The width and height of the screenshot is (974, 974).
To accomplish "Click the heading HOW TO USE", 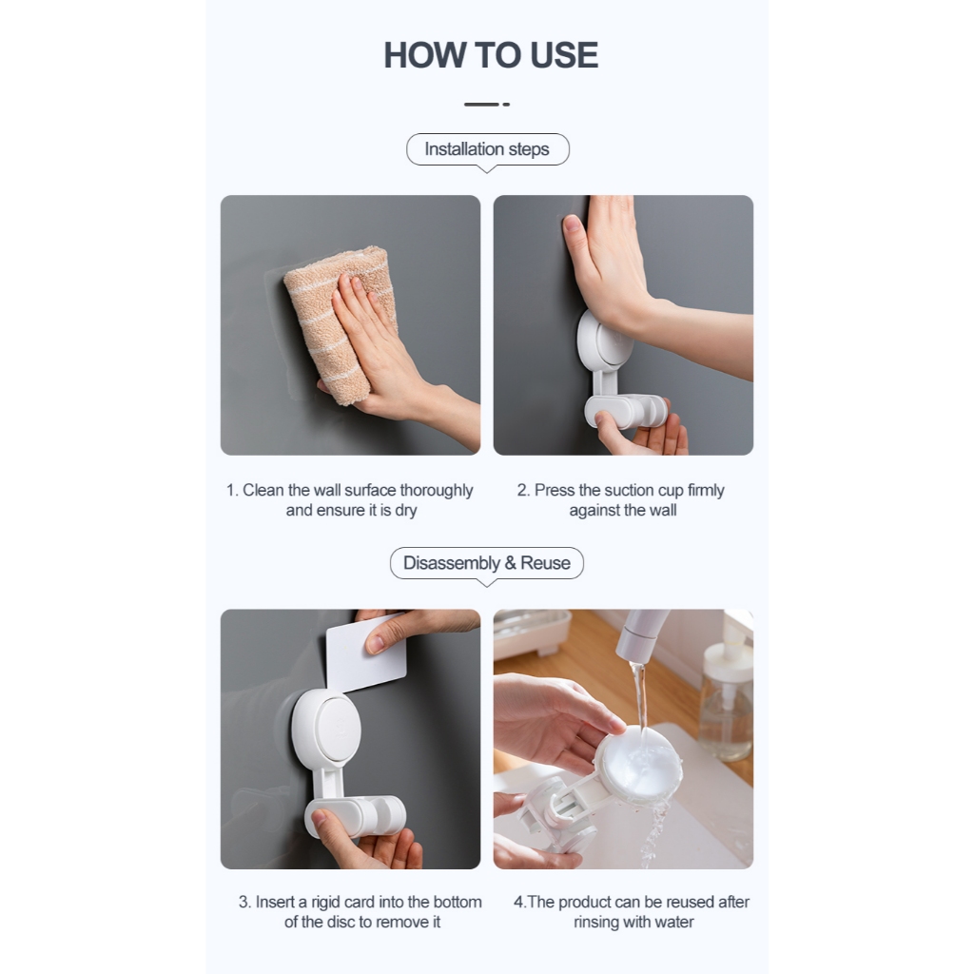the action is click(491, 55).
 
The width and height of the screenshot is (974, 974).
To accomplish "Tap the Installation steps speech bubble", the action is click(488, 149).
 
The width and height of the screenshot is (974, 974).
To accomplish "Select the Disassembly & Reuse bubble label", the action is click(487, 563).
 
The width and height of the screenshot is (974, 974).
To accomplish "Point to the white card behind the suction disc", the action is click(366, 653).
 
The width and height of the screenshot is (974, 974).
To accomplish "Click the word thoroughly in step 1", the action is click(436, 490).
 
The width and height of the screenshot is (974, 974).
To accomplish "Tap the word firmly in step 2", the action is click(706, 490).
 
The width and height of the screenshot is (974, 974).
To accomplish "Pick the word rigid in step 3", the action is click(325, 902).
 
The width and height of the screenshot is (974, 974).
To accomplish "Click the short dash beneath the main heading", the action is click(487, 105).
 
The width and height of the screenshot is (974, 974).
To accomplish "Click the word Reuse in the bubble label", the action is click(545, 563).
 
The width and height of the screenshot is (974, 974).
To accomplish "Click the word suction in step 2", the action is click(630, 490).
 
